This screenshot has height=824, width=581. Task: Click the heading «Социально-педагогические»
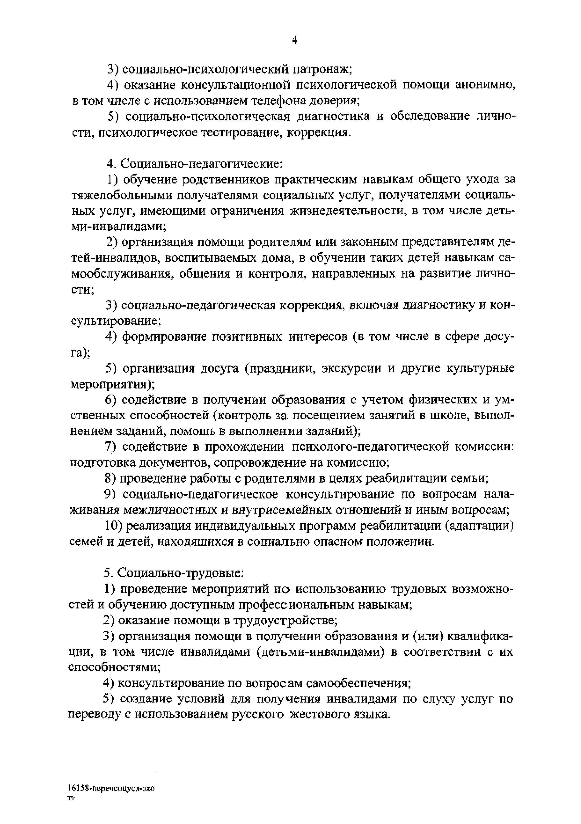201,164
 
